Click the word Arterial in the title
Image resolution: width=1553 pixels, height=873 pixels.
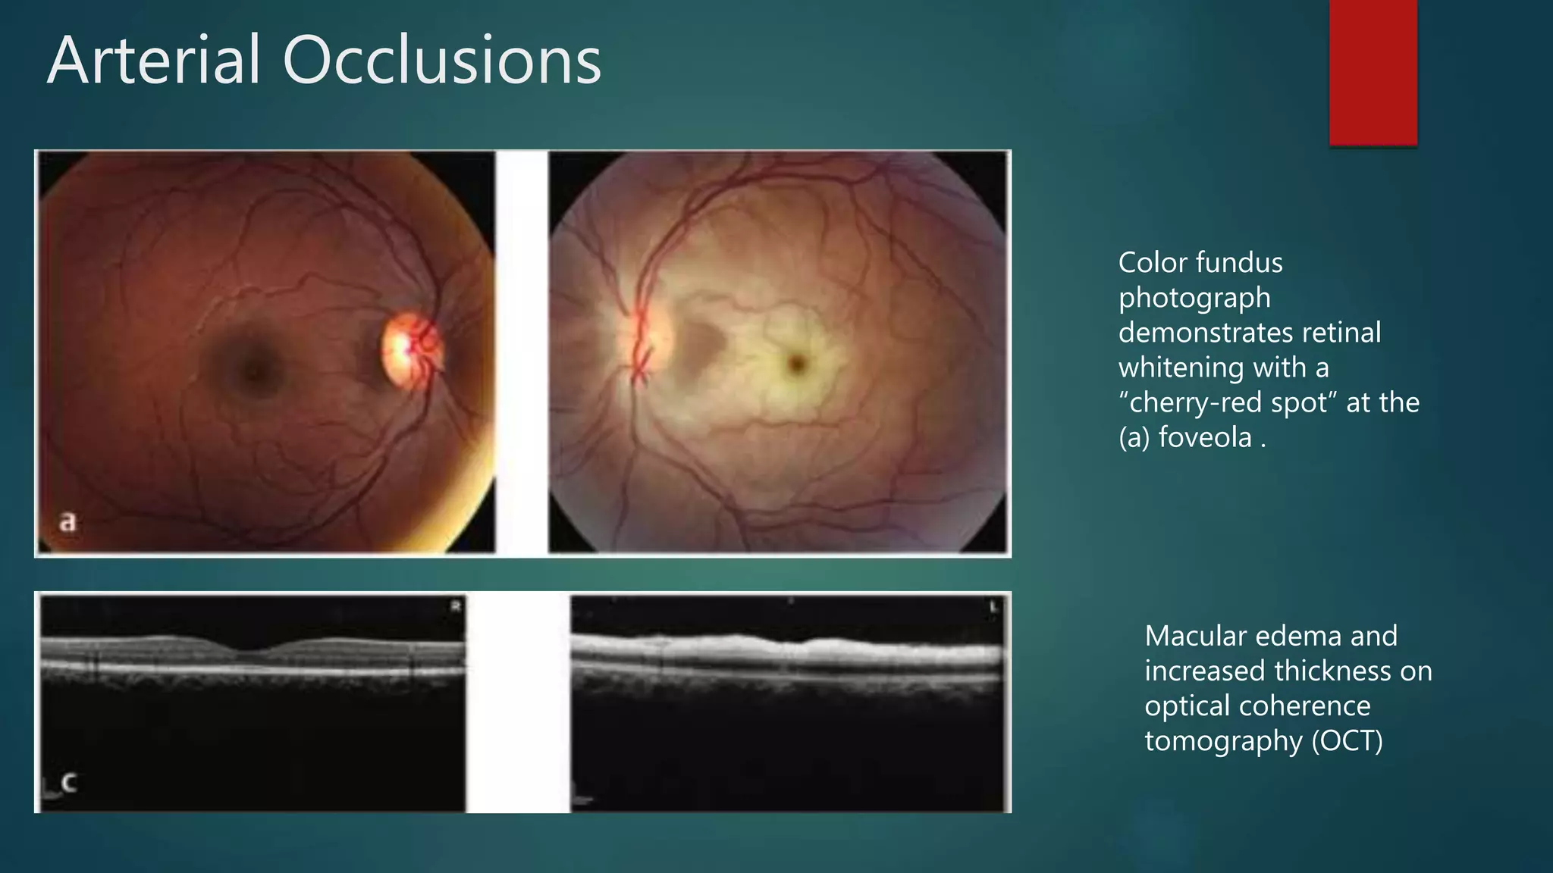[x=155, y=61]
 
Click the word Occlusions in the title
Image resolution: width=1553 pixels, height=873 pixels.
[x=442, y=61]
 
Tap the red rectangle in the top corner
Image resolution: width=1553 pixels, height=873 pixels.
[x=1373, y=72]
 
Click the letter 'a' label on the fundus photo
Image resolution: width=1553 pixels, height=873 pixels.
[x=68, y=521]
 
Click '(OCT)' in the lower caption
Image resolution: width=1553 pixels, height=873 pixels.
[x=1348, y=740]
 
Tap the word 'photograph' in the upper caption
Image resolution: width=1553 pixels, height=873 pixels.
[x=1194, y=298]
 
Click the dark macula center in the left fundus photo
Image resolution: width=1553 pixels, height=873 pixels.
[x=256, y=370]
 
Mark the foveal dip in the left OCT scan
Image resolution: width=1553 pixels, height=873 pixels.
[x=253, y=649]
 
